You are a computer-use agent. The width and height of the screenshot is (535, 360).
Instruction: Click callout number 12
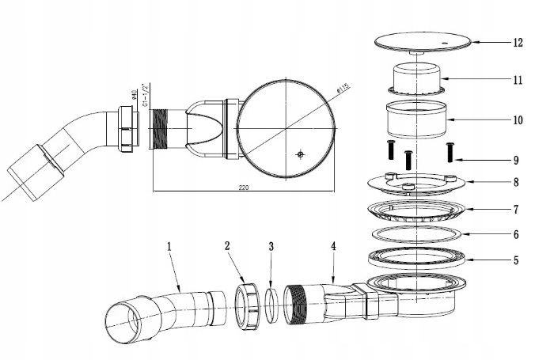pos(518,43)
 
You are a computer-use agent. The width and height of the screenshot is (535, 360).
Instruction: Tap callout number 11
pos(518,80)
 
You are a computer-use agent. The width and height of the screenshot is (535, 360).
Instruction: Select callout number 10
pos(518,121)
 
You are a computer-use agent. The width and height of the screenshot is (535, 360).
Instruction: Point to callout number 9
pos(515,158)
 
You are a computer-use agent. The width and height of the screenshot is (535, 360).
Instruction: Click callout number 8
pos(515,183)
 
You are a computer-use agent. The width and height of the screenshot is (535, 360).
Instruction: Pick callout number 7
pos(515,210)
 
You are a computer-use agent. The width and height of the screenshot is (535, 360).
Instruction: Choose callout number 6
pos(515,235)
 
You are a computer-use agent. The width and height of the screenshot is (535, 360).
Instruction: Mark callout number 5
pos(515,260)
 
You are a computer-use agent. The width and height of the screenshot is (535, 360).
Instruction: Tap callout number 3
pos(271,246)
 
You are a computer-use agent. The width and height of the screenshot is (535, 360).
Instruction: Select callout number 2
pos(227,246)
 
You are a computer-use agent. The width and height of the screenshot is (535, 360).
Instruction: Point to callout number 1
pos(169,246)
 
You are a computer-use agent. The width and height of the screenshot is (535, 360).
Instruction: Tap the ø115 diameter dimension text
pos(343,92)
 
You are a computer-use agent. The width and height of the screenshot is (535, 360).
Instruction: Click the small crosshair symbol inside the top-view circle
pos(299,154)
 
